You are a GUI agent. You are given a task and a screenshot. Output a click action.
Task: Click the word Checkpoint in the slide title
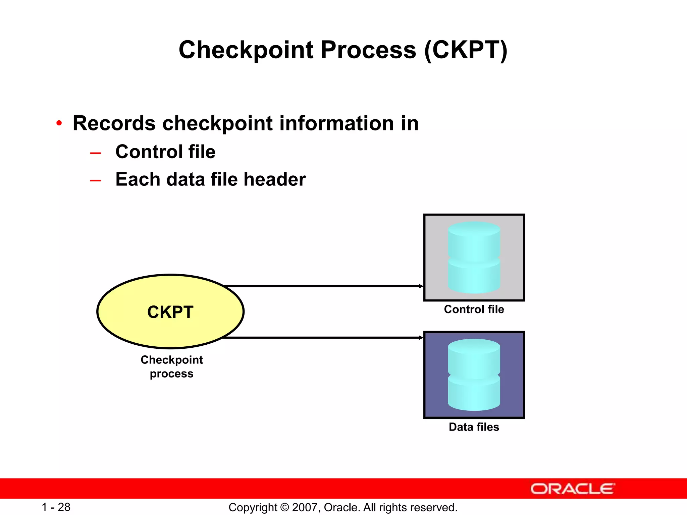point(246,50)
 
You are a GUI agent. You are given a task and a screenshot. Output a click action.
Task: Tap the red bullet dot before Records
point(59,123)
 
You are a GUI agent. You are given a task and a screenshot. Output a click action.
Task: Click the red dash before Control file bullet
point(96,153)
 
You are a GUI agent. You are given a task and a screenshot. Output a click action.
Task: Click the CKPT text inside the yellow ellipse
point(170,312)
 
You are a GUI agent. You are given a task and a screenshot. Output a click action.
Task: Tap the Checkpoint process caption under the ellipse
point(171,366)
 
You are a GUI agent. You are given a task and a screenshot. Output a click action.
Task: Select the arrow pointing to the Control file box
point(322,286)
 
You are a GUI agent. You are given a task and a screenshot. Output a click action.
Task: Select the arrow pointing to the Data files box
point(322,338)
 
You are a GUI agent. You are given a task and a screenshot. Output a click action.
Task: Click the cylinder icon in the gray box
point(474,257)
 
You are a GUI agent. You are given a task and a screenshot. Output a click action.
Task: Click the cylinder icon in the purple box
point(474,375)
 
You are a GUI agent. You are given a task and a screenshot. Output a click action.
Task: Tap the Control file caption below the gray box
point(474,309)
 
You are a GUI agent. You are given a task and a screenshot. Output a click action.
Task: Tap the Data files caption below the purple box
point(474,427)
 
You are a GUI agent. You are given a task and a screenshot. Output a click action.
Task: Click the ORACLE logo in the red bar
point(572,489)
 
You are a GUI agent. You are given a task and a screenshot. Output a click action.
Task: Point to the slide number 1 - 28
point(56,507)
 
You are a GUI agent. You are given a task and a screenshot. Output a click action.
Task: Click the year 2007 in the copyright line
point(303,507)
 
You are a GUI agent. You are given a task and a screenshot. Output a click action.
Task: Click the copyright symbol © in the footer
point(284,507)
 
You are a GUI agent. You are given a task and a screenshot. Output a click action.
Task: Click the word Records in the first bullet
point(114,123)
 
